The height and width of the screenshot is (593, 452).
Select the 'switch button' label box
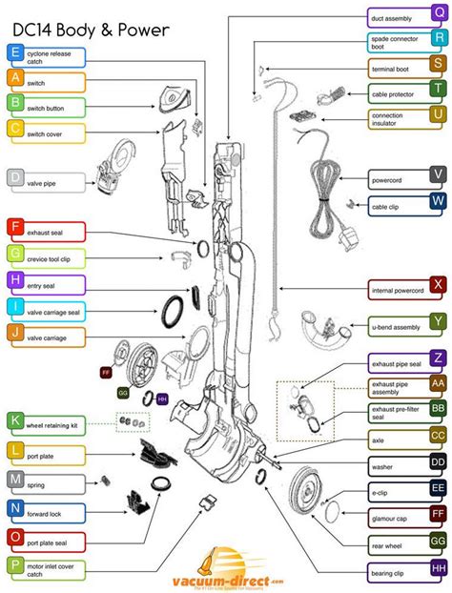point(54,109)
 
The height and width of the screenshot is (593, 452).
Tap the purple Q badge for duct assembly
point(437,15)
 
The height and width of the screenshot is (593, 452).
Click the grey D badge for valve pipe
point(15,178)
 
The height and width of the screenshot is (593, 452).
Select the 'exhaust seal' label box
point(54,231)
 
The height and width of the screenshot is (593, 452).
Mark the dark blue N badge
point(15,508)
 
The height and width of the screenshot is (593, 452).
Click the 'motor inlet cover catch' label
point(54,567)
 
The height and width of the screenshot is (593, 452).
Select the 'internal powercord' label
point(397,286)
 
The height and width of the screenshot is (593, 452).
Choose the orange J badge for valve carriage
point(15,335)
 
